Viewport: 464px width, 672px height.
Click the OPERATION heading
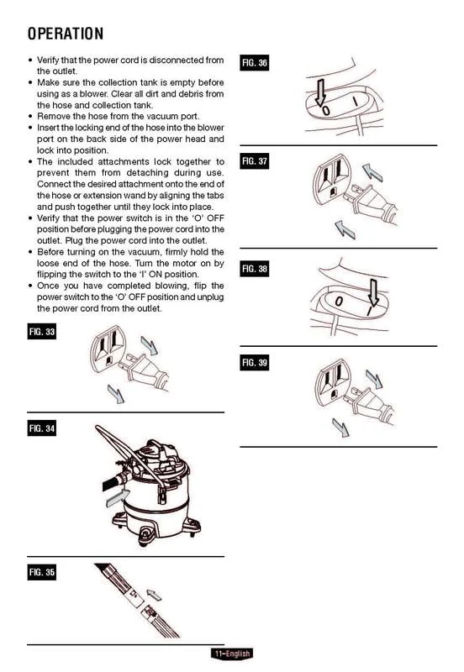point(66,34)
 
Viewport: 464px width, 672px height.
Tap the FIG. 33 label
point(41,332)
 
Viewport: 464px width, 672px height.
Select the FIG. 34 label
point(41,428)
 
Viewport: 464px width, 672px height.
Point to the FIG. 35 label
point(41,572)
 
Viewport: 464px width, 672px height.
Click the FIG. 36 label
point(255,63)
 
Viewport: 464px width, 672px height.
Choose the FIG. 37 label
point(255,161)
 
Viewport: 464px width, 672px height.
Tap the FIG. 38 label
point(255,269)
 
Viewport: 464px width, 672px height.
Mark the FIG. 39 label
point(255,363)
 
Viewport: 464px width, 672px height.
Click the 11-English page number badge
point(232,654)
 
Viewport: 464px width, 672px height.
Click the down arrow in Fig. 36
point(320,92)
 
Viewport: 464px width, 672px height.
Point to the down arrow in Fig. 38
point(373,292)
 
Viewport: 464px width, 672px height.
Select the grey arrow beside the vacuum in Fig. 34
point(117,498)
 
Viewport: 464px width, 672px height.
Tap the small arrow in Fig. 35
point(154,595)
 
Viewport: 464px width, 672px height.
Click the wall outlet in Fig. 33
point(108,349)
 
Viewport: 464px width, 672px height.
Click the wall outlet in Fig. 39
point(333,381)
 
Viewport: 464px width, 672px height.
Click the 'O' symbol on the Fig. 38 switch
point(339,302)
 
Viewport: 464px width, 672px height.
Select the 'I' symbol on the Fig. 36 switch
point(356,101)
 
